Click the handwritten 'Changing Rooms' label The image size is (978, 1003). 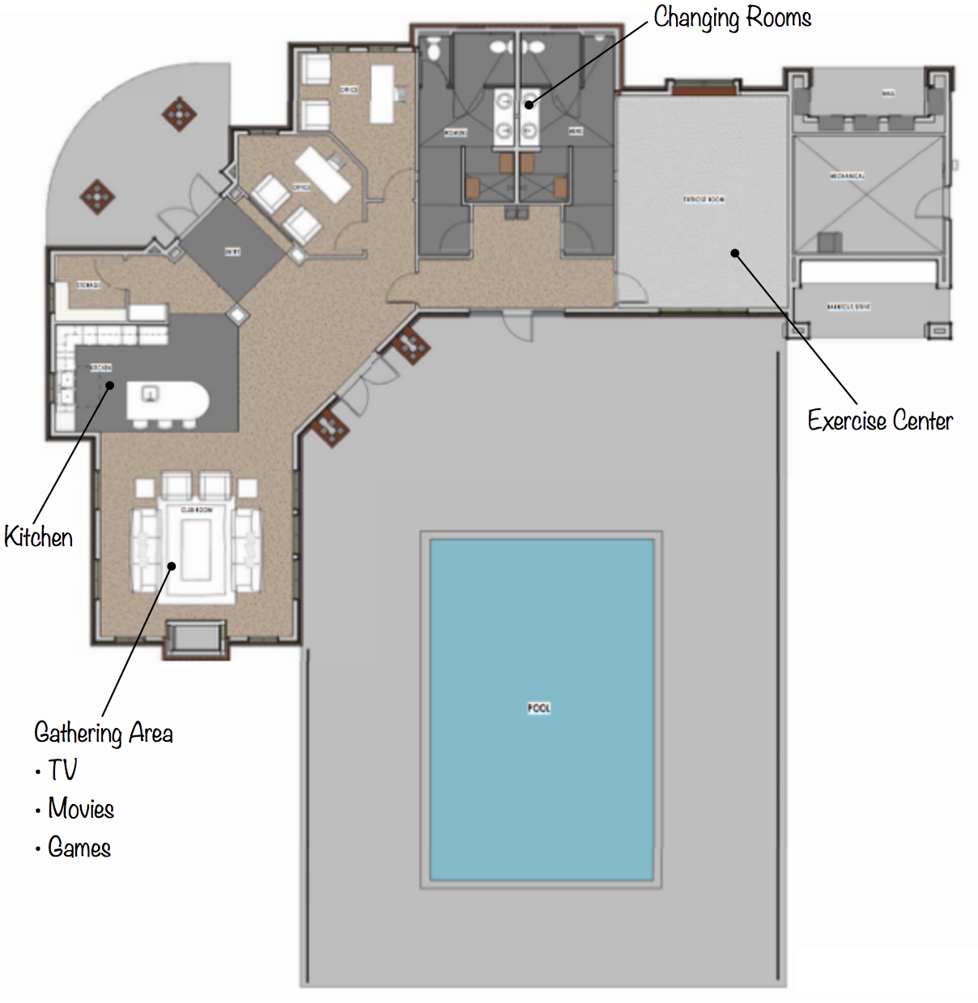(x=732, y=18)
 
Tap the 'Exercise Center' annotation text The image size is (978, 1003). (x=880, y=421)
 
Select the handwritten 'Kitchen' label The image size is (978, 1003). (x=38, y=537)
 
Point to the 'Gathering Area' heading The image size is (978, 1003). (x=104, y=733)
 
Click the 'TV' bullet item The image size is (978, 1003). (x=62, y=770)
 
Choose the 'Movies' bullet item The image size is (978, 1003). (x=80, y=808)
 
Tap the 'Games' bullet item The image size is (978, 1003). (x=79, y=848)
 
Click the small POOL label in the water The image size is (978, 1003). (x=539, y=708)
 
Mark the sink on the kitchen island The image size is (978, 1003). (x=151, y=394)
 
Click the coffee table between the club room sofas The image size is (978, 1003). (x=196, y=550)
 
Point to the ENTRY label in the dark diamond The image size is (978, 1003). (x=232, y=252)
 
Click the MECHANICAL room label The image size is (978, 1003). (x=847, y=176)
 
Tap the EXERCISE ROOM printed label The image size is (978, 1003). (x=704, y=199)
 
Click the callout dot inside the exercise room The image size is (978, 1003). (x=735, y=253)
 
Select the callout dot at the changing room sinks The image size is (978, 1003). (x=529, y=104)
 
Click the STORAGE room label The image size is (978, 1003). (x=88, y=286)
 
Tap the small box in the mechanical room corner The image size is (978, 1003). (x=829, y=242)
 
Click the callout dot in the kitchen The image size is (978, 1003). (x=110, y=385)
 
